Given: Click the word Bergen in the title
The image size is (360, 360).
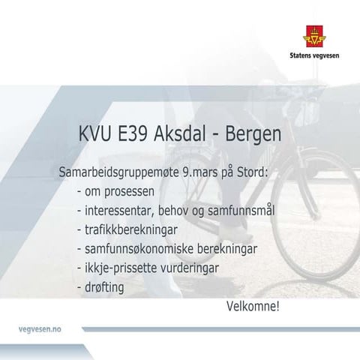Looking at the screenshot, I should click(x=251, y=135).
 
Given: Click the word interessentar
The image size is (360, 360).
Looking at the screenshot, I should click(x=121, y=211).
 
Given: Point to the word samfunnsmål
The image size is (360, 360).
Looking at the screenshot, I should click(x=243, y=211).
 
